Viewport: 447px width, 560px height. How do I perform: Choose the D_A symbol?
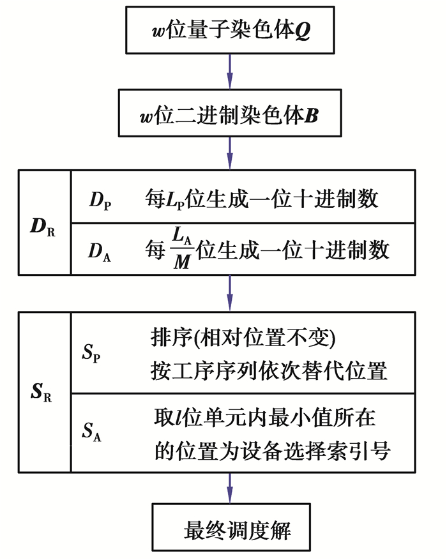pos(102,250)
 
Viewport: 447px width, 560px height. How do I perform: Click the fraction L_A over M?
pos(181,250)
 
